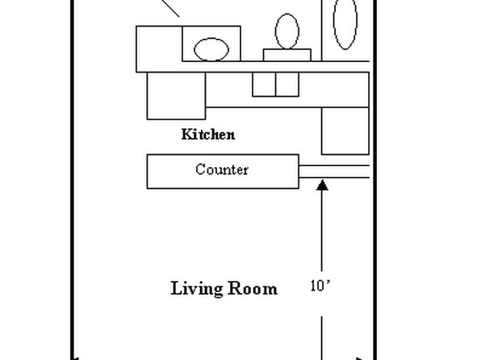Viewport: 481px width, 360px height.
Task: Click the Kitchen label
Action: (x=208, y=135)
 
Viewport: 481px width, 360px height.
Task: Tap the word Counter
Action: (x=222, y=170)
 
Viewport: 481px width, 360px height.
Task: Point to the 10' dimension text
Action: (x=320, y=286)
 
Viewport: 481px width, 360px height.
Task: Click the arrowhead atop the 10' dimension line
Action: (x=322, y=185)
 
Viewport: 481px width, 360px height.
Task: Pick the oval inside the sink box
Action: (x=211, y=49)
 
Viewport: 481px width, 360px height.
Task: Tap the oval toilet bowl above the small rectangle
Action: (x=287, y=31)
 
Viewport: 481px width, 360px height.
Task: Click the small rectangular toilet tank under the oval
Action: (x=287, y=55)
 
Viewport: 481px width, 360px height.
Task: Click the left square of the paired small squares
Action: (x=264, y=85)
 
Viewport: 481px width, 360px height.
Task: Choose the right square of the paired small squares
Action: (x=287, y=85)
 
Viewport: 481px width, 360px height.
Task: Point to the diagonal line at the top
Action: (x=169, y=8)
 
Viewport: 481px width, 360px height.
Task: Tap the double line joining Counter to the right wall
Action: (x=334, y=171)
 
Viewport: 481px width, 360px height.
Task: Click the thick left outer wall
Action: (x=73, y=180)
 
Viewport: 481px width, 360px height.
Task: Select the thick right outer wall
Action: (x=374, y=180)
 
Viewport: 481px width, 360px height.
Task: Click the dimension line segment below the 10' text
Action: (x=322, y=338)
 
